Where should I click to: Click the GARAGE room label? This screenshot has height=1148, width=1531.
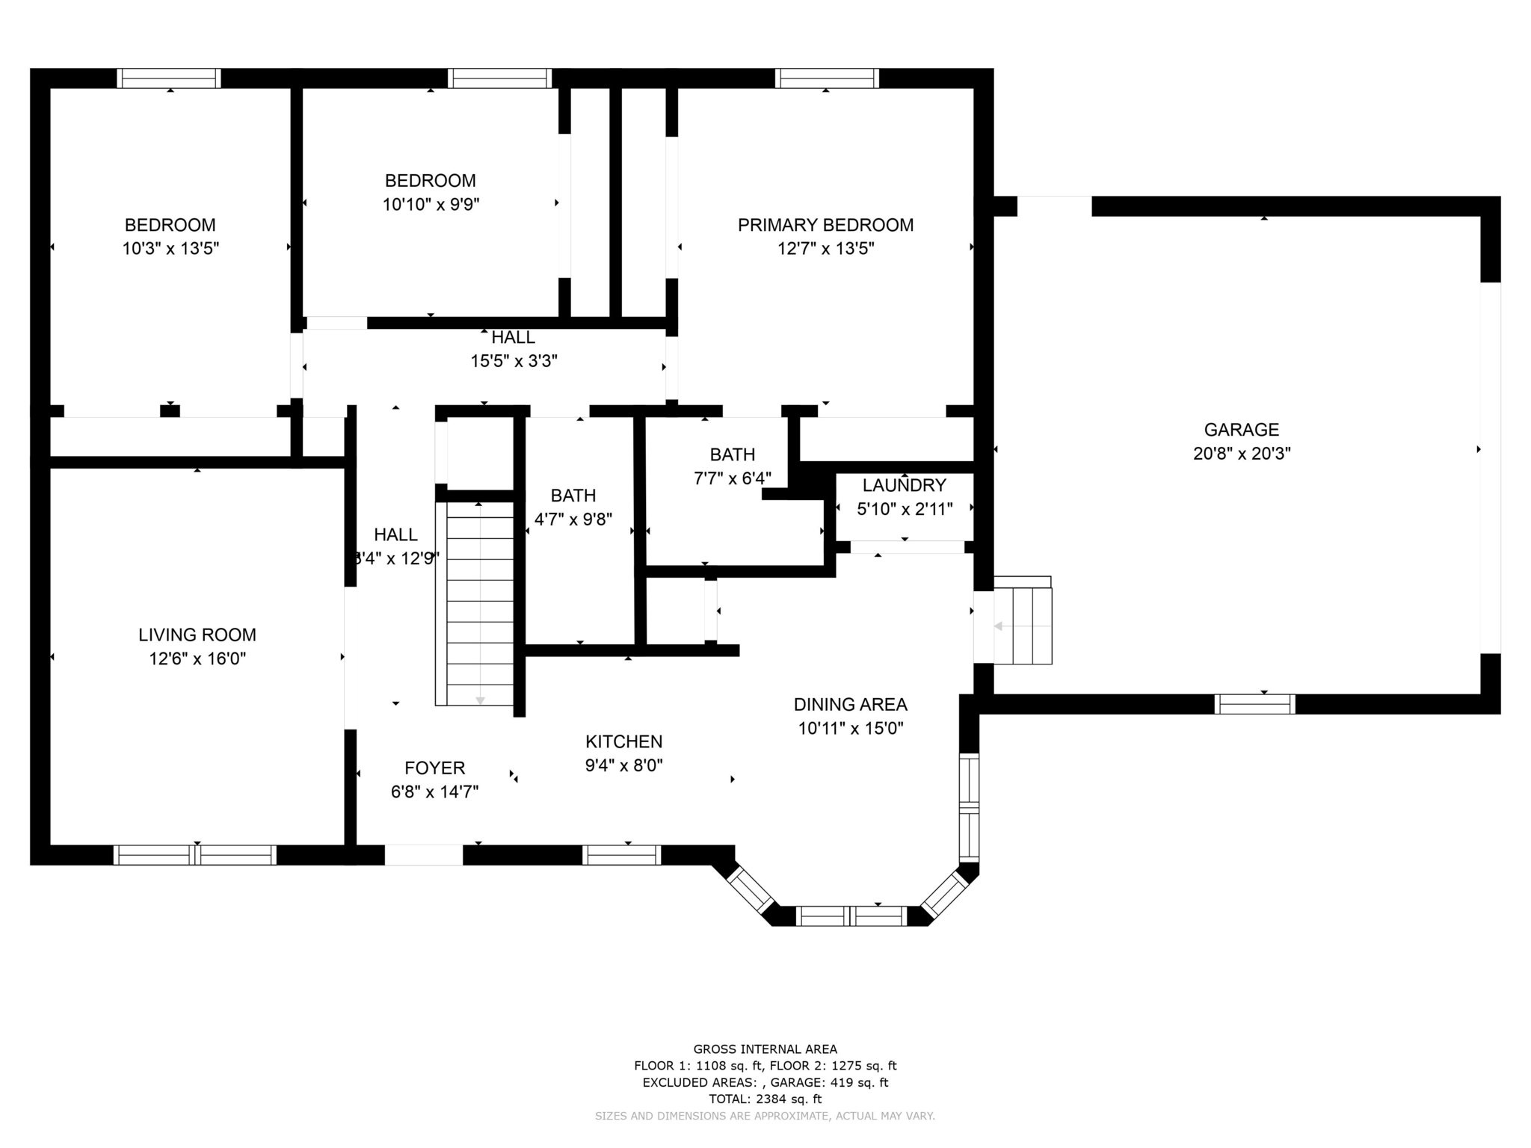pyautogui.click(x=1242, y=430)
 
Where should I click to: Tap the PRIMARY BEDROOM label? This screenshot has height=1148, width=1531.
pyautogui.click(x=825, y=225)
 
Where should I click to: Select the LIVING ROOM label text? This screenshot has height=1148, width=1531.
pyautogui.click(x=197, y=635)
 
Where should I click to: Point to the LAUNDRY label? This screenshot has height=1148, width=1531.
pyautogui.click(x=905, y=486)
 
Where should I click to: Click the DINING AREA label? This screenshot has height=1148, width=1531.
pyautogui.click(x=851, y=705)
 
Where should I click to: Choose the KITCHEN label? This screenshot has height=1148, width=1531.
pyautogui.click(x=624, y=742)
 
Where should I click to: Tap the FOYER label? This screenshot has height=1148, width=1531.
pyautogui.click(x=435, y=768)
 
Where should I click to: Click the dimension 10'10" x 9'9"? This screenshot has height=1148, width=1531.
pyautogui.click(x=431, y=205)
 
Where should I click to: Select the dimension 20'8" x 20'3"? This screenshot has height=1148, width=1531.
pyautogui.click(x=1242, y=454)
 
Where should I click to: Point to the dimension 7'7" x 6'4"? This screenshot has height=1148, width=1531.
pyautogui.click(x=733, y=478)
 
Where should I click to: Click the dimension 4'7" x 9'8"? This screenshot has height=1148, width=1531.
pyautogui.click(x=573, y=519)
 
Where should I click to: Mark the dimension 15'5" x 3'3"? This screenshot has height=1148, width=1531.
pyautogui.click(x=514, y=362)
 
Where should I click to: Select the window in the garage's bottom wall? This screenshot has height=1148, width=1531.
pyautogui.click(x=1255, y=704)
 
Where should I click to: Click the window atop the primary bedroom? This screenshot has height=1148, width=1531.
pyautogui.click(x=826, y=78)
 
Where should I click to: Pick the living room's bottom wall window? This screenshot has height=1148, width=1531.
pyautogui.click(x=195, y=855)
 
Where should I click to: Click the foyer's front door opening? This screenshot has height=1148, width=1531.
pyautogui.click(x=424, y=855)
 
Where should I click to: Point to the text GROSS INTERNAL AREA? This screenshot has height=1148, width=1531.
pyautogui.click(x=765, y=1049)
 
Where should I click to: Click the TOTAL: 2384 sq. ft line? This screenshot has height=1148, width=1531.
pyautogui.click(x=765, y=1099)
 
